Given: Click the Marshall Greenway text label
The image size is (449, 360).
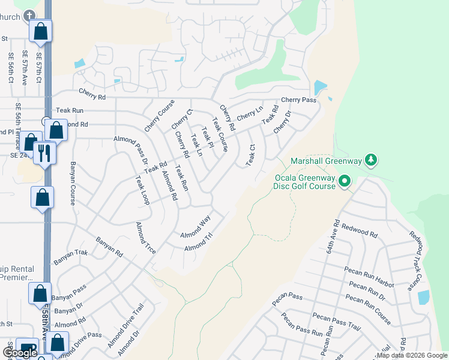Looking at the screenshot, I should [328, 161].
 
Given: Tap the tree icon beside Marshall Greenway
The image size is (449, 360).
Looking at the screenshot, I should [372, 160].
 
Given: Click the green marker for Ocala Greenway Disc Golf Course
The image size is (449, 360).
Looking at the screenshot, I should [345, 180].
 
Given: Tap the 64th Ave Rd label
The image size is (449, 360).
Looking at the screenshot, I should [334, 232].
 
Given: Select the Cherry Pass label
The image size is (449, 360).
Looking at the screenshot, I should [298, 100].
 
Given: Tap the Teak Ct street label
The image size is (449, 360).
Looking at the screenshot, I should [251, 155].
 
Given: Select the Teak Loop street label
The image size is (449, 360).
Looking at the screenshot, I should [142, 190].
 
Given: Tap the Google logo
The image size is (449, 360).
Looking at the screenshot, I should [20, 352].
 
